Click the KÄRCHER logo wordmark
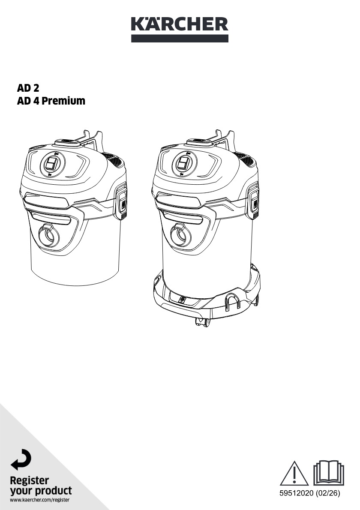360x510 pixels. (x=180, y=24)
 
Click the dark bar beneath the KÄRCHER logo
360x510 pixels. (x=180, y=39)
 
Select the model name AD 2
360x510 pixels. (x=28, y=88)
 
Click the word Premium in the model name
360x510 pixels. (x=63, y=101)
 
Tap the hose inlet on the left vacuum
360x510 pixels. (x=49, y=235)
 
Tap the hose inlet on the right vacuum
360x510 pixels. (x=181, y=235)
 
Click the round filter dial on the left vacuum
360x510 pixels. (x=52, y=164)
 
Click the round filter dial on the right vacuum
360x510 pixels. (x=184, y=164)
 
